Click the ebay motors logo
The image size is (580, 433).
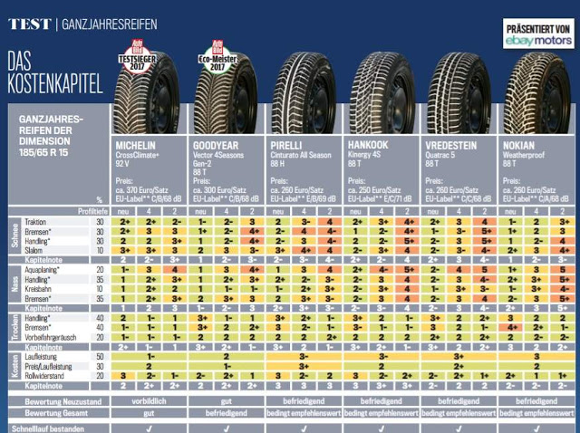coord(537,39)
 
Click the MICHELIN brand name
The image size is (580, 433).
coord(135,145)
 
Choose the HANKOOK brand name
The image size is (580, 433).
coord(368,145)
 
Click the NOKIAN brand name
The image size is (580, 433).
coord(519,145)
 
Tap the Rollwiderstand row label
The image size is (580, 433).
coord(46,374)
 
